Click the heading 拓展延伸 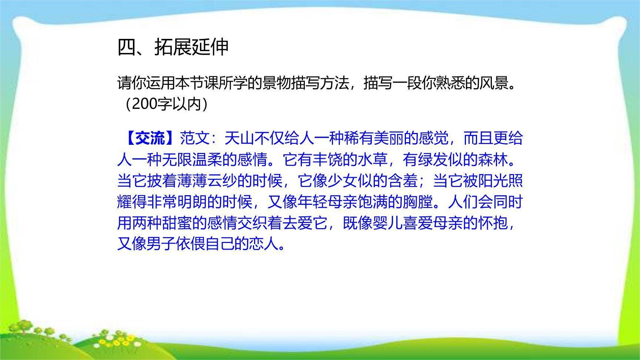pos(191,47)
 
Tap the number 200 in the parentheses pos(144,104)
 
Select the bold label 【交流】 pos(149,139)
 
